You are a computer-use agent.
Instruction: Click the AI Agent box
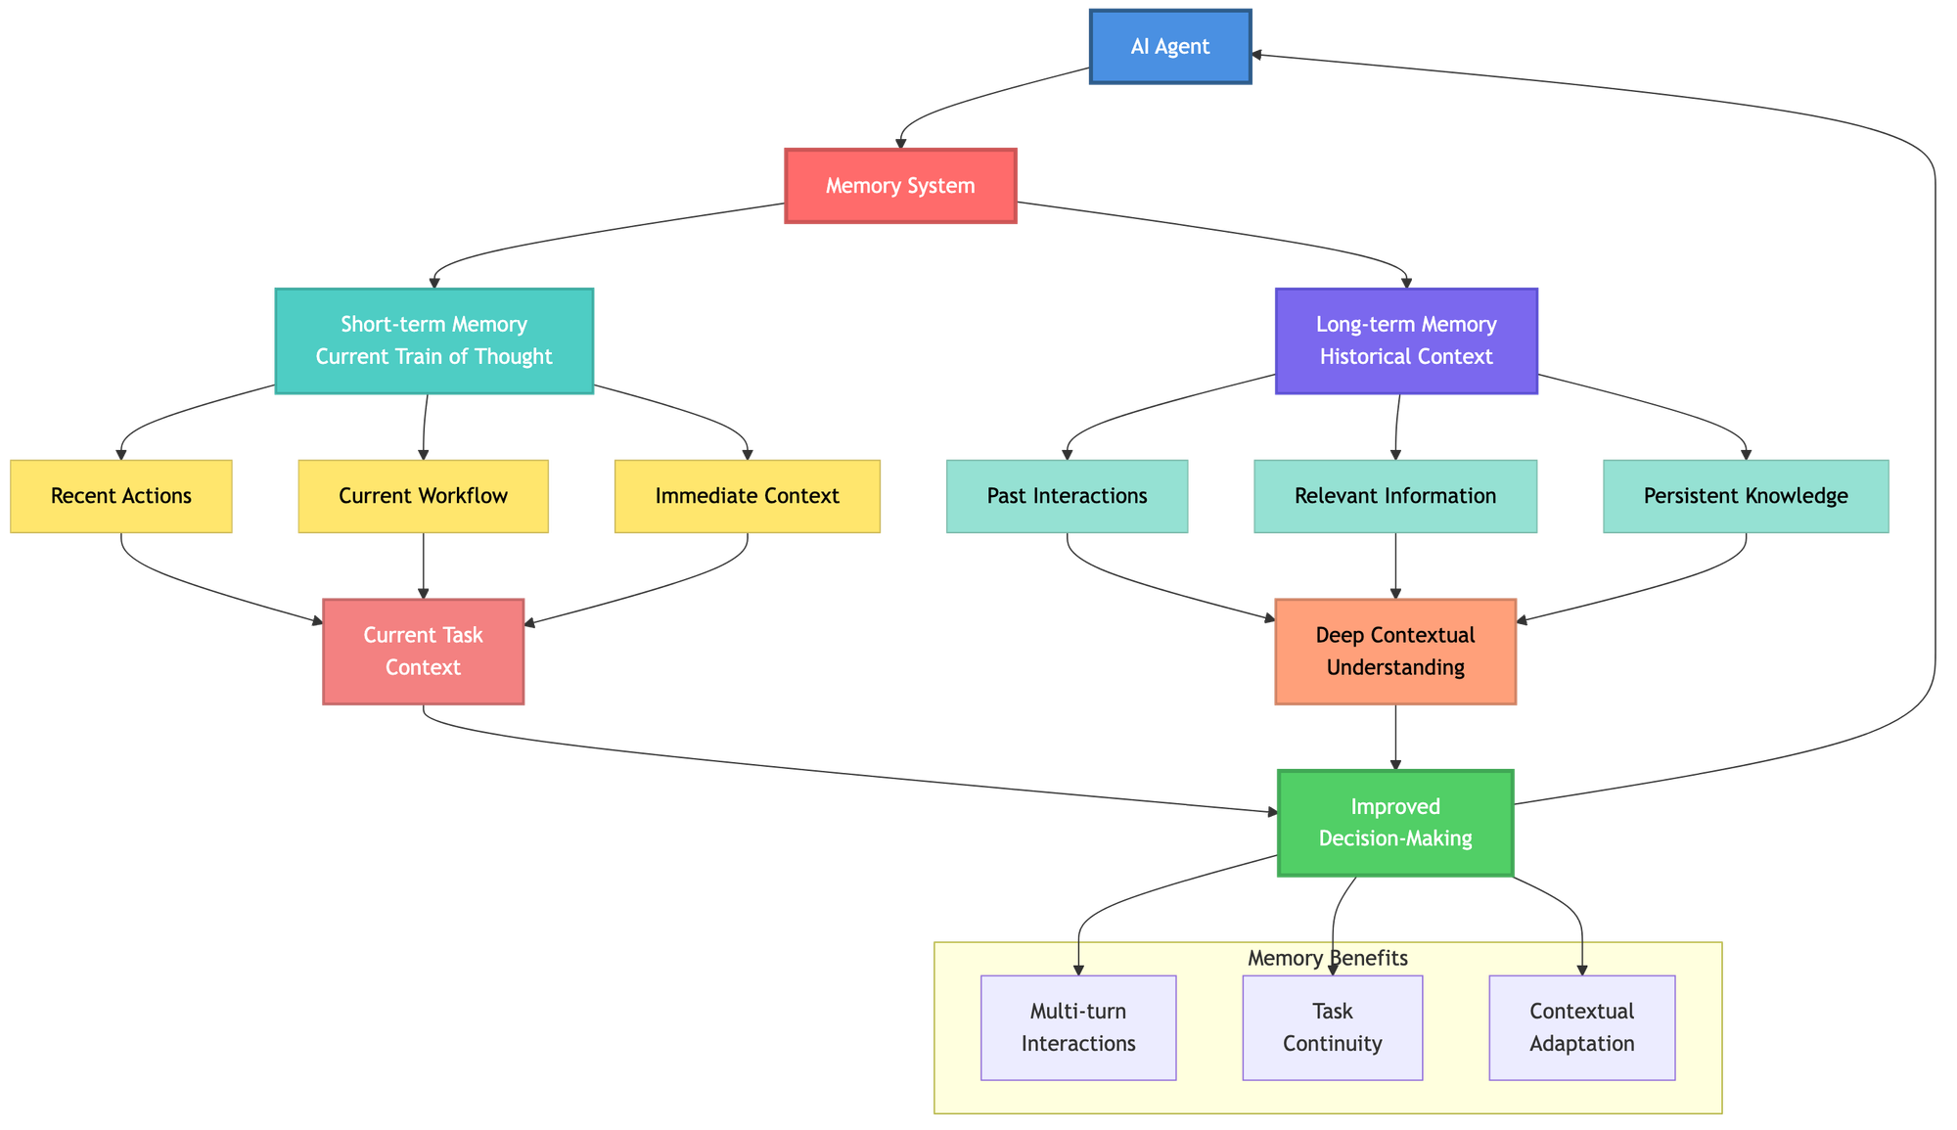[x=1169, y=46]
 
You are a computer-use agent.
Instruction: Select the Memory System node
[x=900, y=186]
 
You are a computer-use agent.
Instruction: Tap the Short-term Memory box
[x=433, y=340]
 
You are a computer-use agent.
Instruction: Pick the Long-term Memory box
[x=1406, y=340]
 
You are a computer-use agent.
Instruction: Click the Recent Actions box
[x=121, y=496]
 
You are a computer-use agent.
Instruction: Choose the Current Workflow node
[x=423, y=496]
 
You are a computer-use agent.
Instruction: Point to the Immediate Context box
[x=747, y=496]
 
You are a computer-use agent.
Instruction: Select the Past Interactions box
[x=1067, y=496]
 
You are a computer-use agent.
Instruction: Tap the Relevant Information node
[x=1395, y=496]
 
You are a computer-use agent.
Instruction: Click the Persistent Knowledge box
[x=1746, y=496]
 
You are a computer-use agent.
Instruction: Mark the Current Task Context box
[x=423, y=651]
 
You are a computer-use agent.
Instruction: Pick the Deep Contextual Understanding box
[x=1395, y=651]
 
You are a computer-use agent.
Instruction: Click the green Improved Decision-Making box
[x=1395, y=822]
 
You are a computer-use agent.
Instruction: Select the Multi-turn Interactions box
[x=1077, y=1027]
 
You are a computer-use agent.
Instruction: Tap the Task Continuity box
[x=1332, y=1027]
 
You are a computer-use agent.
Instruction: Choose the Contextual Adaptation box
[x=1581, y=1027]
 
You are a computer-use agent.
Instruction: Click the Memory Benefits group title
[x=1328, y=958]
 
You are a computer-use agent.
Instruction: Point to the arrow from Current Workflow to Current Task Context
[x=423, y=565]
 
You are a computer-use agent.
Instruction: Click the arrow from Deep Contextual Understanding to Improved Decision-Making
[x=1395, y=737]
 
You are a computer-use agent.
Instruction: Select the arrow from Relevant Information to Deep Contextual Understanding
[x=1395, y=565]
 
